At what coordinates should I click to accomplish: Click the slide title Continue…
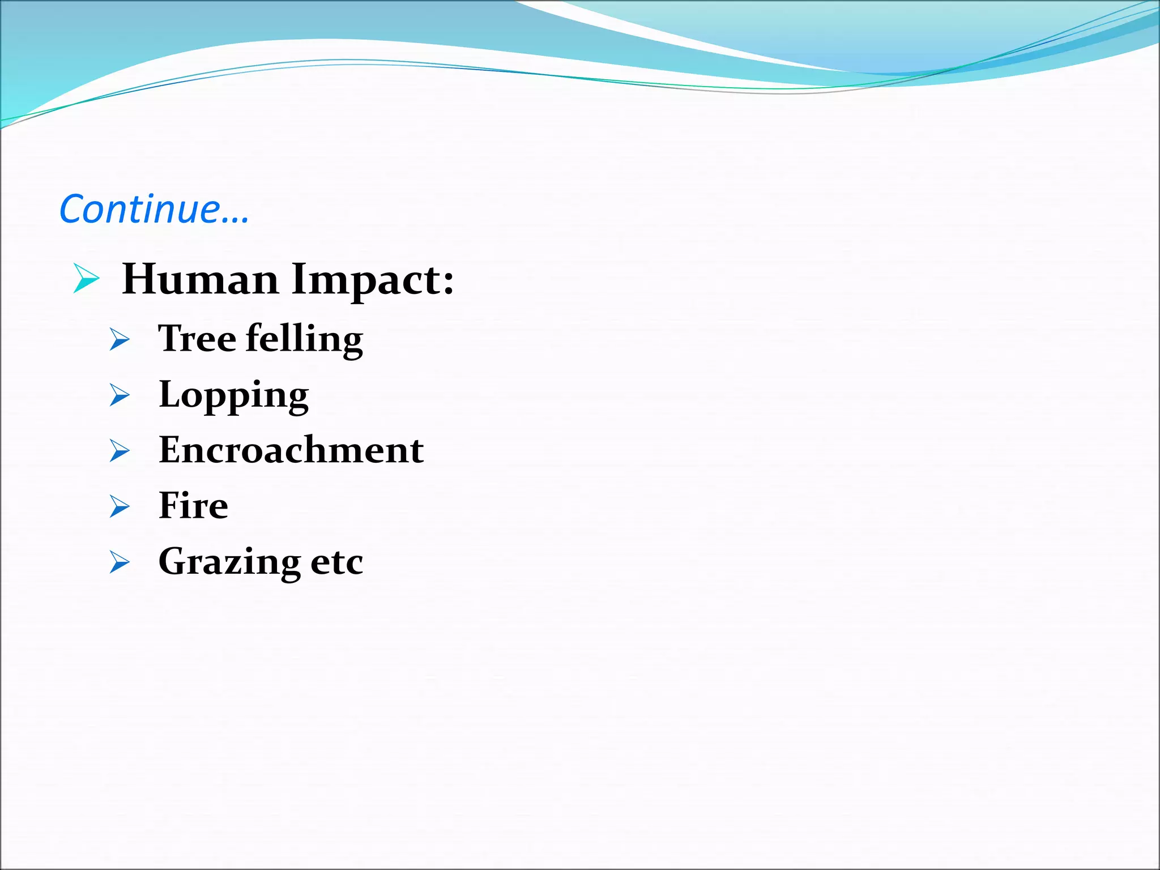pyautogui.click(x=154, y=209)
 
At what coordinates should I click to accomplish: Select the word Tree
pyautogui.click(x=197, y=338)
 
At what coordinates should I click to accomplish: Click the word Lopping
pyautogui.click(x=234, y=395)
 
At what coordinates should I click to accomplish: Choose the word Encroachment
pyautogui.click(x=291, y=450)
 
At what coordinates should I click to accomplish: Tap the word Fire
pyautogui.click(x=194, y=505)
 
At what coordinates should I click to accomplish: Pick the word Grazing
pyautogui.click(x=229, y=562)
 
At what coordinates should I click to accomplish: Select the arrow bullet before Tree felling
pyautogui.click(x=120, y=339)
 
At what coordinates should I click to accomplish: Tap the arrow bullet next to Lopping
pyautogui.click(x=120, y=395)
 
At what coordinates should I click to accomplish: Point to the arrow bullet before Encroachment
pyautogui.click(x=120, y=451)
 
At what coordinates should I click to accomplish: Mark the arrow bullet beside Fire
pyautogui.click(x=120, y=506)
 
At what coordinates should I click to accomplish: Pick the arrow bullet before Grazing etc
pyautogui.click(x=120, y=562)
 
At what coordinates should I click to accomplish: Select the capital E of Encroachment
pyautogui.click(x=170, y=450)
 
